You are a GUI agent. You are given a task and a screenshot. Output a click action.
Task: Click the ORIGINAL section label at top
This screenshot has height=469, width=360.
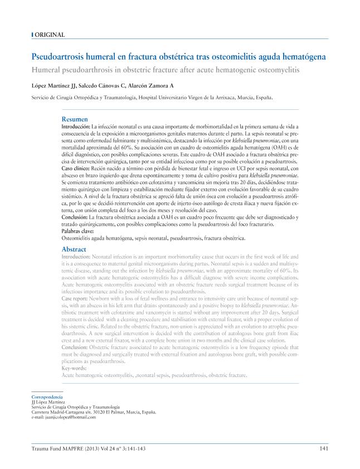50,35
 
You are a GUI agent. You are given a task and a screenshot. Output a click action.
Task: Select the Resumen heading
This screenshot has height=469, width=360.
74,119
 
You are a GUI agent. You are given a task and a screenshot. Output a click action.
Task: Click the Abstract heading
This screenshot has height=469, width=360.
74,249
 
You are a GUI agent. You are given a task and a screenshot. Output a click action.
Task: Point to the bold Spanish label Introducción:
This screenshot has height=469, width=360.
76,127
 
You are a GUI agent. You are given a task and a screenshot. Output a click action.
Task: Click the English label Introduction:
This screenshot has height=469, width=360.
76,257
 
